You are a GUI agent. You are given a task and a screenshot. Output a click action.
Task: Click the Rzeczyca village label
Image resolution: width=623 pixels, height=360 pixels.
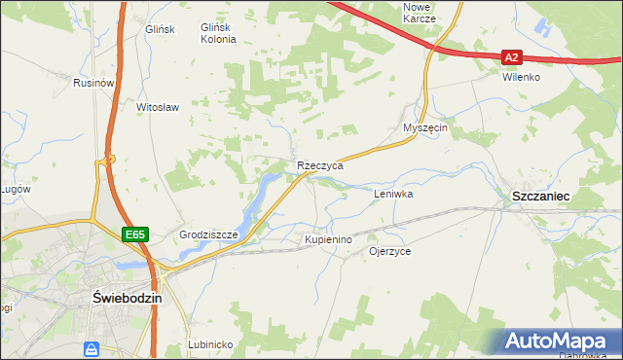tap(320, 166)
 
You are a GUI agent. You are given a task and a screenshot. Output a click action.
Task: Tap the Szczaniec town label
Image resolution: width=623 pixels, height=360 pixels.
tap(540, 196)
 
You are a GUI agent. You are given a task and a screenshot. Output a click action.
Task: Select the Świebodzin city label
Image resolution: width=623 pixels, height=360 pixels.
tap(126, 298)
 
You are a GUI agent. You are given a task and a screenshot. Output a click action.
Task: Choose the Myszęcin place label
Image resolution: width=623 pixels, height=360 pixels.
tap(424, 128)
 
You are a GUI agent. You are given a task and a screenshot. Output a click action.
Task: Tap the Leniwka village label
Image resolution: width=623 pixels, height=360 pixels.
tap(394, 194)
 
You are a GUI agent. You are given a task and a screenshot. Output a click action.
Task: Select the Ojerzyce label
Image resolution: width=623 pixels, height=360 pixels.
tap(389, 251)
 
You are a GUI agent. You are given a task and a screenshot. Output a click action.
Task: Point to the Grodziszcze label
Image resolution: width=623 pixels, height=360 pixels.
tap(209, 235)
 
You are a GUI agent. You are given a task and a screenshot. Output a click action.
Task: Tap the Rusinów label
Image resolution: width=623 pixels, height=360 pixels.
tap(94, 84)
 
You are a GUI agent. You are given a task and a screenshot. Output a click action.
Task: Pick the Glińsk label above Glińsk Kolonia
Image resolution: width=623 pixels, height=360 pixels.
tap(160, 29)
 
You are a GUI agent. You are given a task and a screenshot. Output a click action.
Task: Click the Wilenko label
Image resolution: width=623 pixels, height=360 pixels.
tap(521, 77)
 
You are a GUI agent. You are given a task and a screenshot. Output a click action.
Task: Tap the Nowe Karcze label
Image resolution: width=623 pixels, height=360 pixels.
tap(420, 13)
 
